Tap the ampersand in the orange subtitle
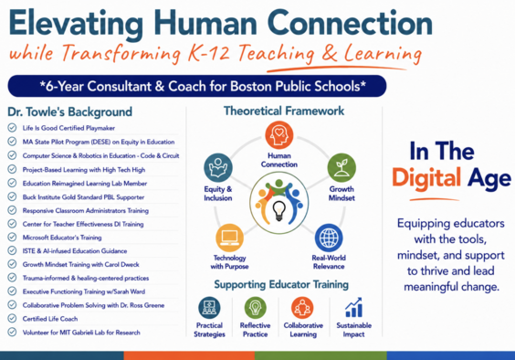point(329,53)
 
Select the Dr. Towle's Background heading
point(70,111)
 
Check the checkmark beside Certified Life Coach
point(12,318)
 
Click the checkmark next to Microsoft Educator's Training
point(12,237)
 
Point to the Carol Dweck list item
point(80,264)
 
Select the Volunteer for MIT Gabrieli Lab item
point(81,333)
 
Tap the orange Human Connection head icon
point(279,135)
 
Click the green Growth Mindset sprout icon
point(342,168)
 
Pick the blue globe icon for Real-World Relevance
point(329,238)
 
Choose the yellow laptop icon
point(229,238)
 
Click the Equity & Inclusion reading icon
point(218,168)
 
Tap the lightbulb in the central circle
point(279,210)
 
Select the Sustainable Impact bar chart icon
point(353,308)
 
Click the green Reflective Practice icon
point(255,308)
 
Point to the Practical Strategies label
point(209,330)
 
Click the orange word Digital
point(426,178)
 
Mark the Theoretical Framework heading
point(284,111)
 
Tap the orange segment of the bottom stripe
point(189,355)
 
